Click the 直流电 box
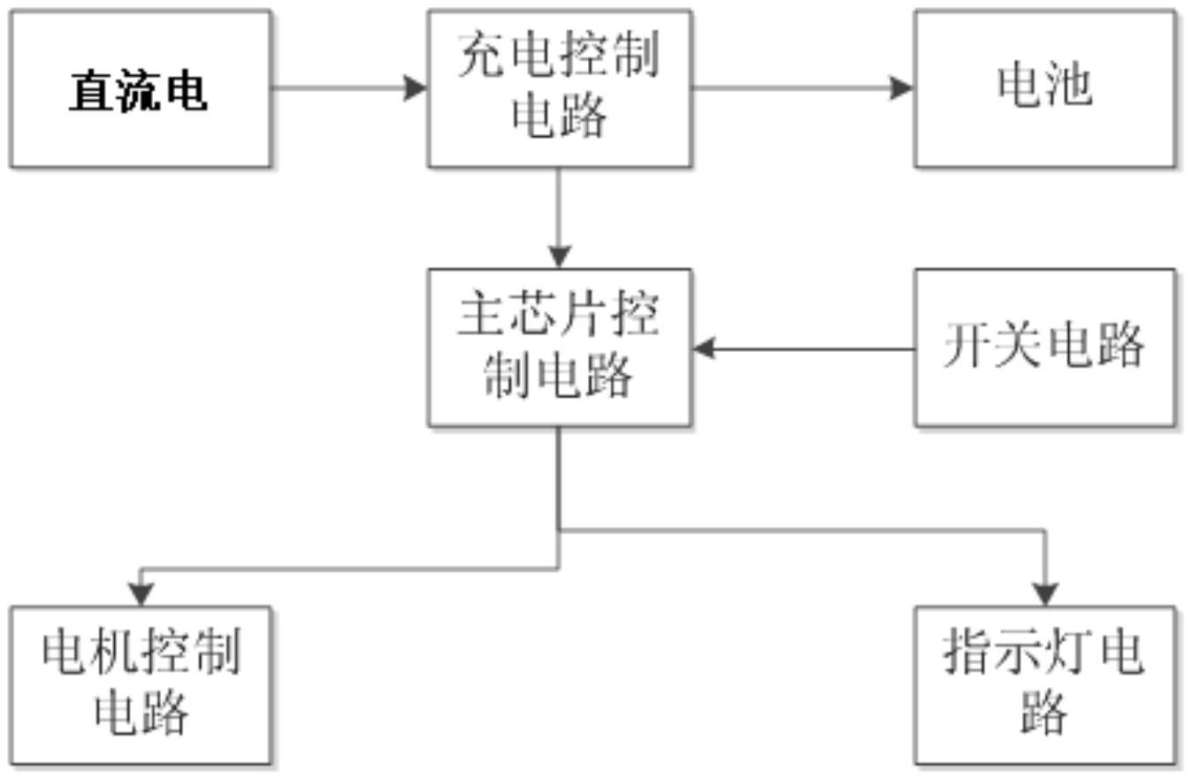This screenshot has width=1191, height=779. [x=141, y=88]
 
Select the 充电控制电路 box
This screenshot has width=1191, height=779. [x=559, y=88]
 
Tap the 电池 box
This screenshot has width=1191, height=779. [x=1045, y=88]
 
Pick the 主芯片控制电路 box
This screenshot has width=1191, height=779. [x=559, y=347]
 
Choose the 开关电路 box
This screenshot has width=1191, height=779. [x=1045, y=347]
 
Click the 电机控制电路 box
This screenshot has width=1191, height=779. [x=141, y=684]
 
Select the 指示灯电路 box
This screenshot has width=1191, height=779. [x=1045, y=684]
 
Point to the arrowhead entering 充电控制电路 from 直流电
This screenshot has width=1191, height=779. [x=416, y=88]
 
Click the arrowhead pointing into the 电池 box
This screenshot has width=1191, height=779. [x=902, y=88]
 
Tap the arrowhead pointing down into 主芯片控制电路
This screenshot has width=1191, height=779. [x=559, y=257]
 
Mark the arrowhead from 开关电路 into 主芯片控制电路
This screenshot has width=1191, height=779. [x=704, y=348]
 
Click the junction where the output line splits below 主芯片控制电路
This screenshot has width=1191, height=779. [x=559, y=531]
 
